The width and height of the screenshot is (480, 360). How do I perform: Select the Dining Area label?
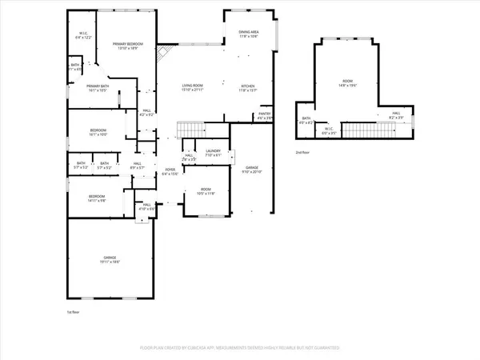(x=247, y=32)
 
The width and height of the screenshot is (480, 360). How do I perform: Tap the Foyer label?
(x=170, y=170)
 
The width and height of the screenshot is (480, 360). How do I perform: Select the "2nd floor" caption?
(x=302, y=151)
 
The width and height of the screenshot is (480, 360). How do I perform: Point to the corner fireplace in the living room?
(x=163, y=54)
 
